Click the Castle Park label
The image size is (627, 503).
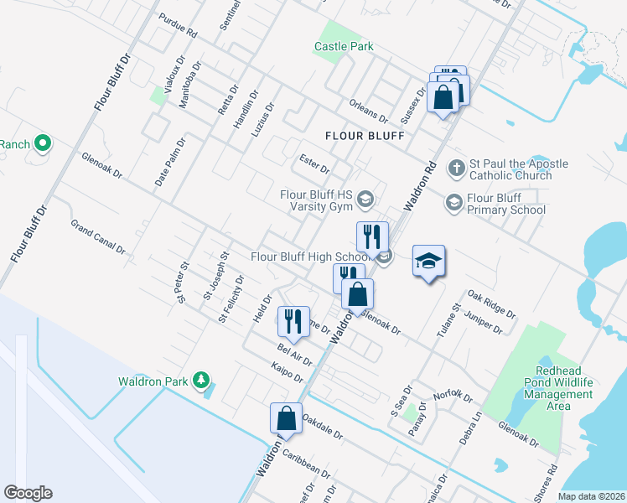coord(344,47)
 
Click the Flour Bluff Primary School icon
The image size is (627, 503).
coord(453,202)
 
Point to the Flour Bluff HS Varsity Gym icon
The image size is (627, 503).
coord(365,199)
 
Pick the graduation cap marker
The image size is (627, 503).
coord(428,262)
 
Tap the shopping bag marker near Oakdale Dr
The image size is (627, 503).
coord(286,418)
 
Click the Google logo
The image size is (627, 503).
coord(28,493)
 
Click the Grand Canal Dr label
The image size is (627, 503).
coord(98,237)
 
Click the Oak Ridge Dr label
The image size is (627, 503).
coord(492,303)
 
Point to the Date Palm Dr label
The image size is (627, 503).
coord(171,161)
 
